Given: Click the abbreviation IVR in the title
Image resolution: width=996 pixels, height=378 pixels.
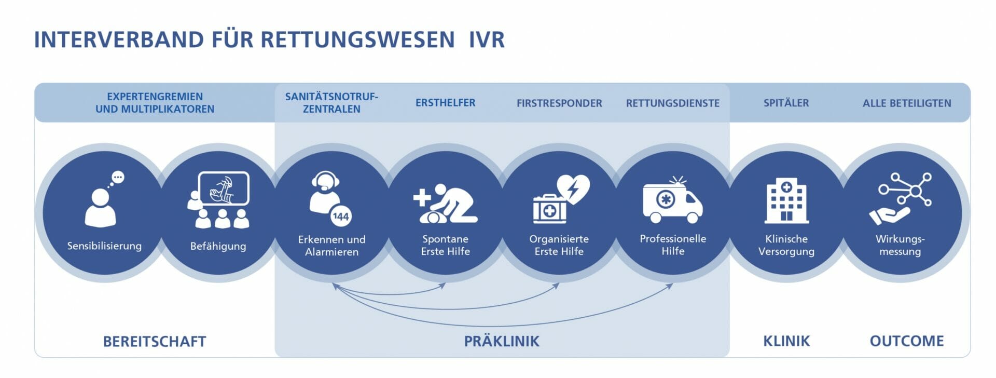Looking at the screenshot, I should tap(487, 40).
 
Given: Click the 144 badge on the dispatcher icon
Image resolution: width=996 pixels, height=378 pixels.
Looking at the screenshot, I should tap(341, 217).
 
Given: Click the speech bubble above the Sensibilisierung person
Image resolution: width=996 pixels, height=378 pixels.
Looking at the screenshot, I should tap(118, 178).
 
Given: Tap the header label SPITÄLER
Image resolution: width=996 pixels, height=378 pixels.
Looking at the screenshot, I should tap(786, 103).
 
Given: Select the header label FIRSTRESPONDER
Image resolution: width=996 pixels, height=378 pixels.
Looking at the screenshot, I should tap(559, 103).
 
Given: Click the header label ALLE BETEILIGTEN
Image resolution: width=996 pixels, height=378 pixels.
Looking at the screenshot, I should tap(907, 103).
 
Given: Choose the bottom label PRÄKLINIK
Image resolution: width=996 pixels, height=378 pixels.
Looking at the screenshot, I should tap(502, 341).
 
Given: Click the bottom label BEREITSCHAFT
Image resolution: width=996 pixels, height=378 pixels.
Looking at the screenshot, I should tap(155, 342).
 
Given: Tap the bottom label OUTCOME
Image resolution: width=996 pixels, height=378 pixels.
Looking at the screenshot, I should tap(907, 341).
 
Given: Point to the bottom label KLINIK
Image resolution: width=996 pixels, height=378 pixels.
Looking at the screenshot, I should tap(786, 341).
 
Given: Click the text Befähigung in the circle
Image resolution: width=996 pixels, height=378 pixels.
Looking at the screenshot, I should tap(218, 246).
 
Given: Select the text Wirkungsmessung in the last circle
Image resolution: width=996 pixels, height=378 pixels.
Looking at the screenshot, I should tap(900, 245).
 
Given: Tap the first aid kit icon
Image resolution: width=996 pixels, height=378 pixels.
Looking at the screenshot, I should tap(549, 209).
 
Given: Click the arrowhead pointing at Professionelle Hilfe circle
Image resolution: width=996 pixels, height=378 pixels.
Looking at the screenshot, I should tap(670, 286).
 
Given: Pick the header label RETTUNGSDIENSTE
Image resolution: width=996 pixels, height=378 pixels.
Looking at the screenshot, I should tap(673, 103).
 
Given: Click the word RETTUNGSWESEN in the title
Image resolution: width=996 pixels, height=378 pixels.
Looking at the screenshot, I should tap(357, 40).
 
